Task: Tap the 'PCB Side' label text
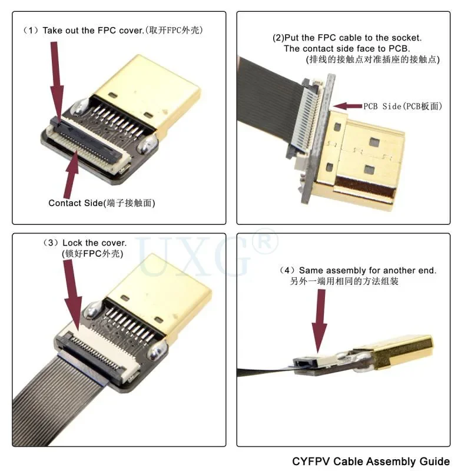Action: [402, 106]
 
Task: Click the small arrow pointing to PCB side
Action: [347, 106]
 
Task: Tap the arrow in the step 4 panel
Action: [321, 321]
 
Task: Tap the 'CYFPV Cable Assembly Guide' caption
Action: [371, 461]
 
